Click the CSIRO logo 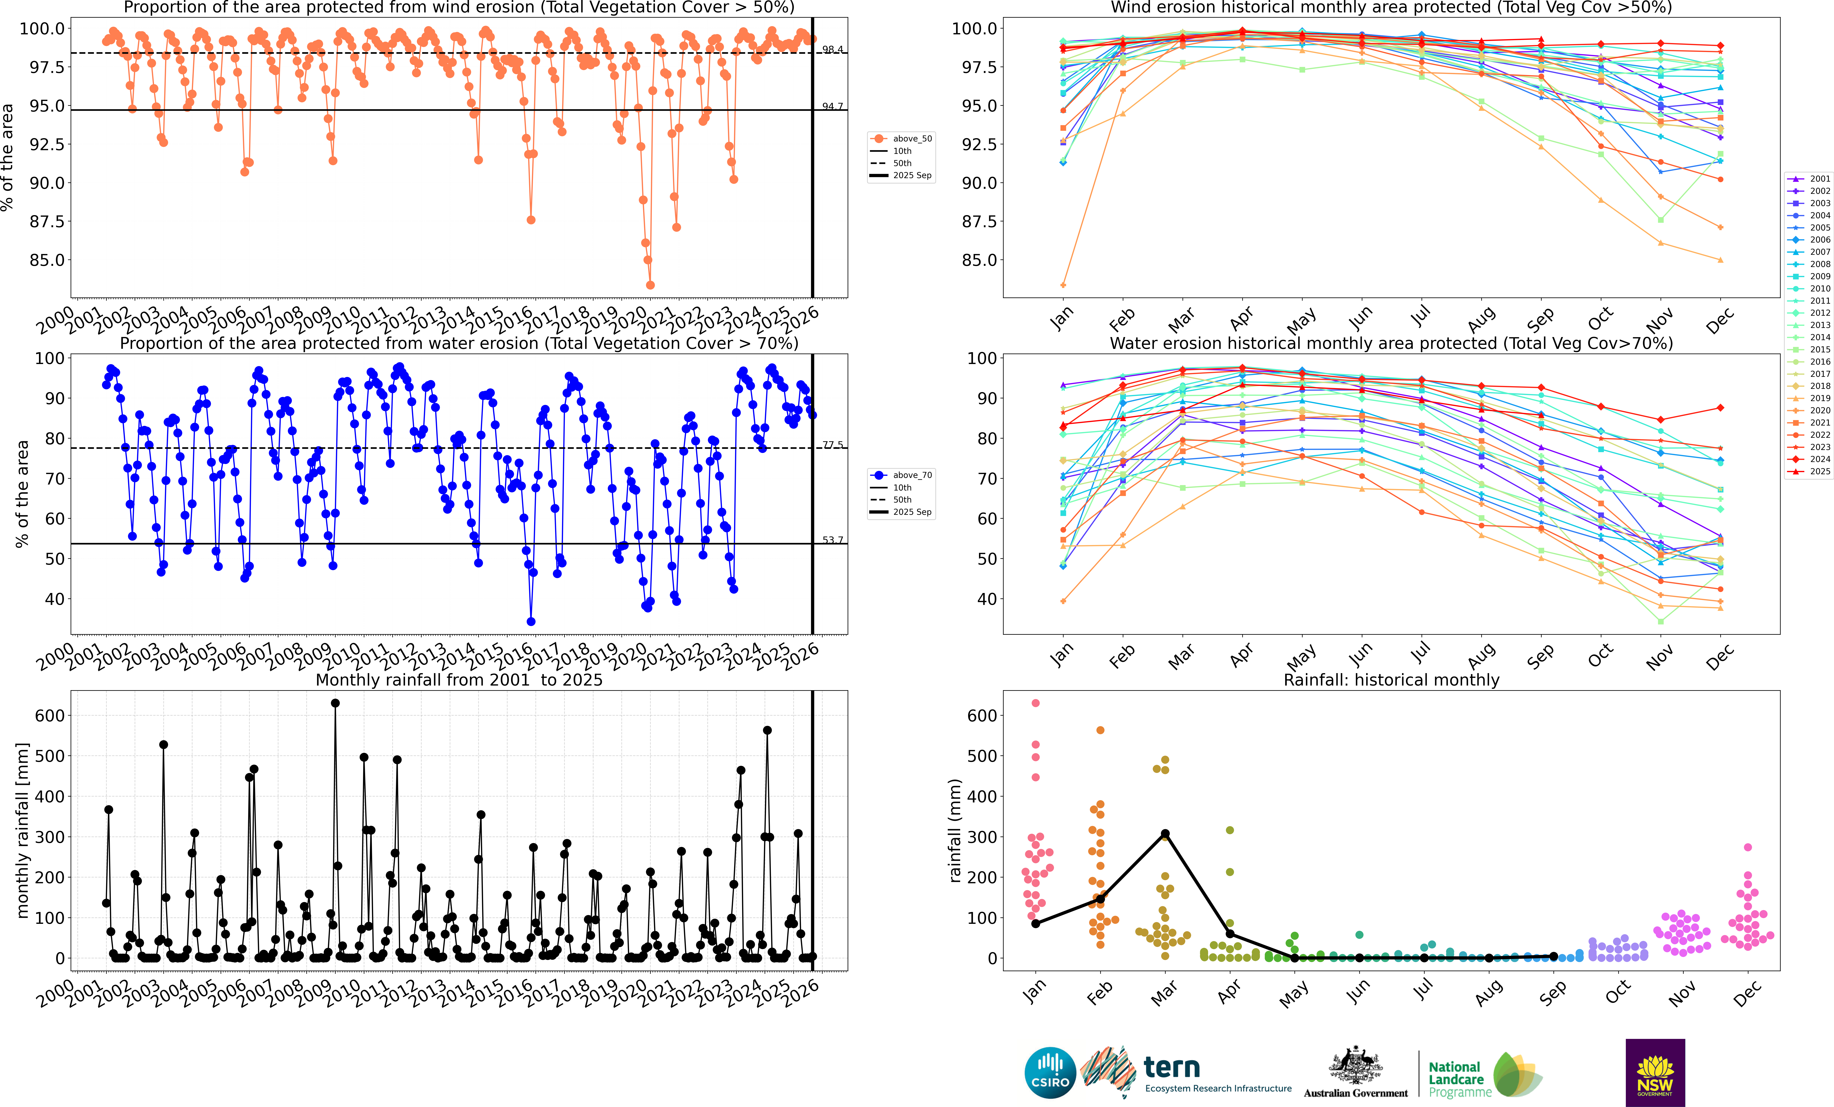point(1050,1073)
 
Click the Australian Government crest point(1355,1066)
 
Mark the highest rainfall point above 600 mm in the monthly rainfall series point(335,703)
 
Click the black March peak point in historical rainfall point(1165,834)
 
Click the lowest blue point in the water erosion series point(531,622)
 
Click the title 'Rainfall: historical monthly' point(1391,680)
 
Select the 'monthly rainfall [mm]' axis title point(22,830)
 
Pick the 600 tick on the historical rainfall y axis point(982,715)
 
